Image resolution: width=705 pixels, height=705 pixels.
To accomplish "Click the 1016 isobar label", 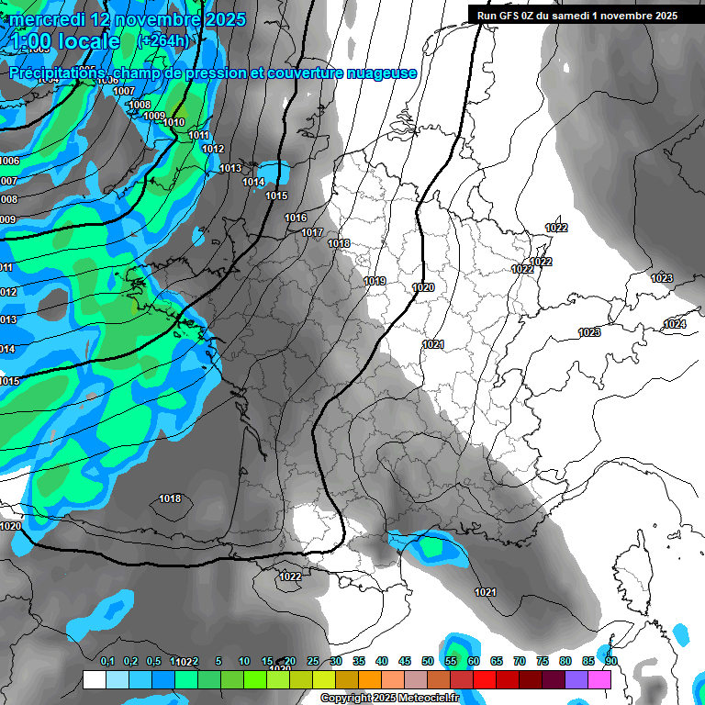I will coord(296,218).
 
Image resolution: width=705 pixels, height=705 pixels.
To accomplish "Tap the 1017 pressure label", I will coord(312,232).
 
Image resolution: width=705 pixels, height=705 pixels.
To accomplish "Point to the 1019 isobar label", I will coord(375,281).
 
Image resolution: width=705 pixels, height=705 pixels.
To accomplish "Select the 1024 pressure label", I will coord(675,324).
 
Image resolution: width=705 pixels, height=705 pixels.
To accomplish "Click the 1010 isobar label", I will coord(173,122).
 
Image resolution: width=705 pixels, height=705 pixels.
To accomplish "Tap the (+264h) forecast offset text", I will coord(163,41).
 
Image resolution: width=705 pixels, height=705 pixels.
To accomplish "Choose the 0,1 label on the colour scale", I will coord(107,662).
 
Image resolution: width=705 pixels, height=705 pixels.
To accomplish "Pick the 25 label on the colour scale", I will coord(313,662).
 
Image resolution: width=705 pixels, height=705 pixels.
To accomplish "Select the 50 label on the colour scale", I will coord(428,662).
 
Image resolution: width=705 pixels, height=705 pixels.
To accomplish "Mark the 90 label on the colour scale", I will coord(611,662).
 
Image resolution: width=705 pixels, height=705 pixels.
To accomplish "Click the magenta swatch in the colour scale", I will coord(599,679).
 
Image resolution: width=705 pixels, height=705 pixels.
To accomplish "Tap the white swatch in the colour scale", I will coord(95,679).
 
